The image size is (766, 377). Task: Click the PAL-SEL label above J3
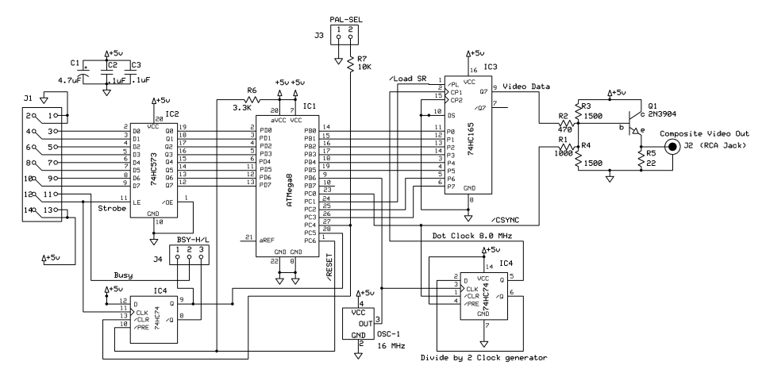(x=346, y=20)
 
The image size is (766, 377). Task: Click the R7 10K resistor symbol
(x=350, y=63)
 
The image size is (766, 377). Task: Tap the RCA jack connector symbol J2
(x=673, y=147)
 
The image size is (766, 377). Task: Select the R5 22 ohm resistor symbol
(x=641, y=160)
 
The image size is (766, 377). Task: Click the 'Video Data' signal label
(x=526, y=87)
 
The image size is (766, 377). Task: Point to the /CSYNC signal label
(x=505, y=221)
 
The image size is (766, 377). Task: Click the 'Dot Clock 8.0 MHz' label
(x=472, y=236)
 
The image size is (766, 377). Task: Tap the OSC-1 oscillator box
(x=359, y=323)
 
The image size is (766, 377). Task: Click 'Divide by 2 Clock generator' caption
(x=483, y=357)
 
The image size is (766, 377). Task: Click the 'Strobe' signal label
(x=113, y=209)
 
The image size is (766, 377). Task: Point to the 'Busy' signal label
(x=123, y=275)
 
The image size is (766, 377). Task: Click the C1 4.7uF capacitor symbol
(x=86, y=73)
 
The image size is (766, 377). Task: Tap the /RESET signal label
(x=329, y=267)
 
